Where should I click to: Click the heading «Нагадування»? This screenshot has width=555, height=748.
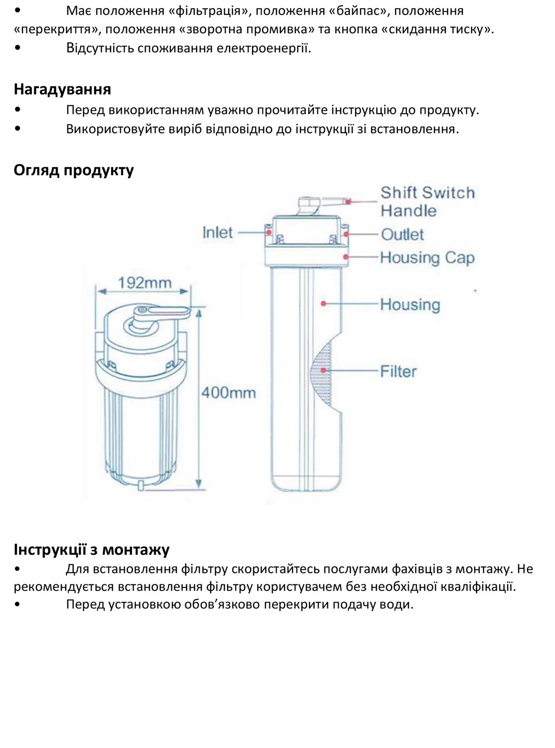(62, 89)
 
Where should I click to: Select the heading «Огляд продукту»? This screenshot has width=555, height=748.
(74, 170)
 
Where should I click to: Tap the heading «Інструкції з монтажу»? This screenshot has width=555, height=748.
(91, 549)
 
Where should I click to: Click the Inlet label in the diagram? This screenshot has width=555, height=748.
(217, 232)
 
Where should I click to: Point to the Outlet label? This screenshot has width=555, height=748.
(402, 235)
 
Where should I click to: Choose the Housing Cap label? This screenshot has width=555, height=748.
(427, 258)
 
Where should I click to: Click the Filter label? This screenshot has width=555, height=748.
(398, 371)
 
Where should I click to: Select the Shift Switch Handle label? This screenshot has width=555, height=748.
(427, 201)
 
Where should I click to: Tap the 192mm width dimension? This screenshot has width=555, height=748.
(145, 283)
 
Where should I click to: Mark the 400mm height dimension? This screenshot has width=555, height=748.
(228, 392)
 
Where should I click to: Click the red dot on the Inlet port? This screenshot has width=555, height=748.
(269, 232)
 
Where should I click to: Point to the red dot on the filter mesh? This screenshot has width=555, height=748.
(323, 371)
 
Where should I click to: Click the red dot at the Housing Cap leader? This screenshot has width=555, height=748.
(346, 257)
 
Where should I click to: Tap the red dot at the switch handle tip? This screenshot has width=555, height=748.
(348, 201)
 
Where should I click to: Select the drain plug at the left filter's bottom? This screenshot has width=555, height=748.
(141, 485)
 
